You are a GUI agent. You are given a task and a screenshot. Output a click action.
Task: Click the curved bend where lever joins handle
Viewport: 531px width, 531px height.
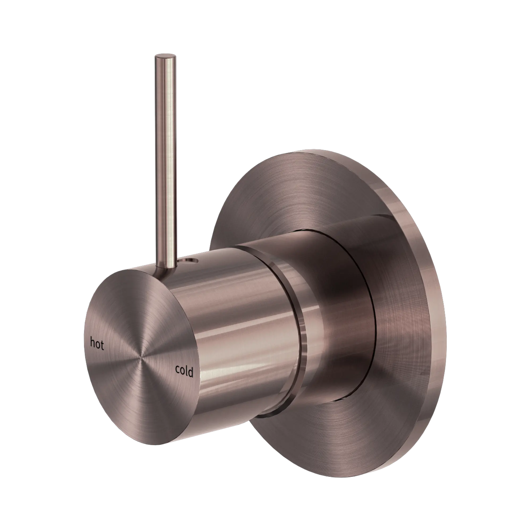click(x=161, y=271)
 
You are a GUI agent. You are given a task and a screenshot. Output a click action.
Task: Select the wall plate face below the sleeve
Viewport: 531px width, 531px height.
click(x=344, y=440)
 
